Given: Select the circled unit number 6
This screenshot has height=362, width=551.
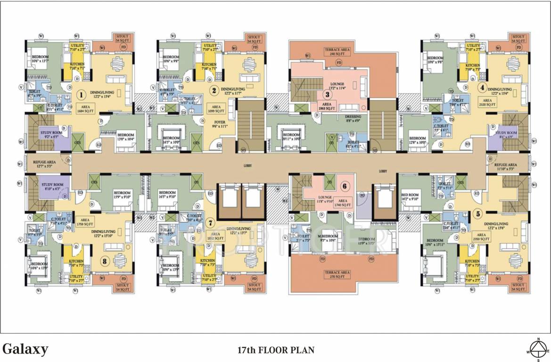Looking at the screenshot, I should click(345, 186).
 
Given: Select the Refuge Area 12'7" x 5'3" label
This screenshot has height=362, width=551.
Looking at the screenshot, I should click(45, 163).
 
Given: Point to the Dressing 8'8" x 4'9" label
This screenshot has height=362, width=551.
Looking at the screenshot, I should click(353, 119).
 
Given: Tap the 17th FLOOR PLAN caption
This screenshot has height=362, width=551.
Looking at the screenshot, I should click(275, 350).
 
